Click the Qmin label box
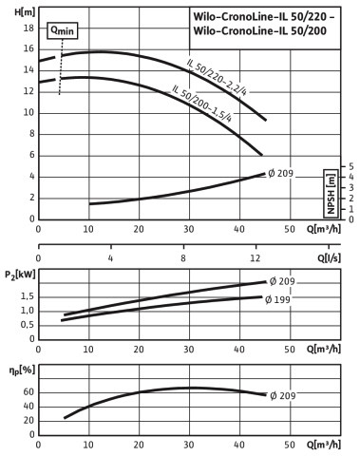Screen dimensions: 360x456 63,30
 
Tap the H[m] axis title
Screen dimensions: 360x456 25,12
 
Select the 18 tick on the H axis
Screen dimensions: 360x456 28,28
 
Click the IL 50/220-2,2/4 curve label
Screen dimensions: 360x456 217,78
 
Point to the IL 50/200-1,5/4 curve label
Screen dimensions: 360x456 202,104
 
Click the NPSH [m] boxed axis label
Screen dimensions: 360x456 331,194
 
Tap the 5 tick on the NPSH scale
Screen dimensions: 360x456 351,166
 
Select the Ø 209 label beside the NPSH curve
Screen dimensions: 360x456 280,174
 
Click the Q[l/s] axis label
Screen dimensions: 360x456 330,258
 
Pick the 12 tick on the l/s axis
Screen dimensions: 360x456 256,258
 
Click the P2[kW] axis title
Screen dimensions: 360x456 20,275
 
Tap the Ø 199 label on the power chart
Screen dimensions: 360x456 277,299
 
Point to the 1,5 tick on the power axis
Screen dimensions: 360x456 28,296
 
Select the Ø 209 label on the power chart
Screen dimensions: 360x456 282,281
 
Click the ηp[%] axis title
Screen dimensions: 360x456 22,370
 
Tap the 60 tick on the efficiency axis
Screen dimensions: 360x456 28,392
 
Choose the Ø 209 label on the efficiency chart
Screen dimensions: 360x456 283,395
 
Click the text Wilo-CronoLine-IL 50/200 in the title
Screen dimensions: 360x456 259,30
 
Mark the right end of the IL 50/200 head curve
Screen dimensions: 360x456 261,155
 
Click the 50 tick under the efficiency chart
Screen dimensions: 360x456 290,445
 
